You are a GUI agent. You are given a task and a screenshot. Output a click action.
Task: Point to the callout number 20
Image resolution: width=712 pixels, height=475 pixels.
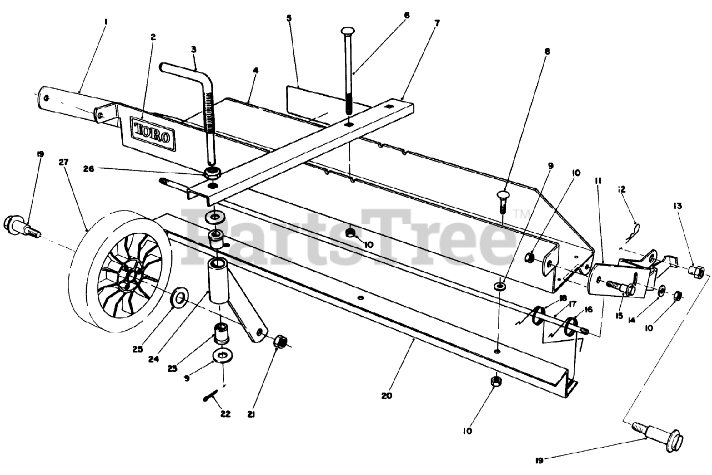tap(387, 396)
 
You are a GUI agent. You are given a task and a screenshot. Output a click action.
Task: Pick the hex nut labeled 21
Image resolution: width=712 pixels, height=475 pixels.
tap(280, 341)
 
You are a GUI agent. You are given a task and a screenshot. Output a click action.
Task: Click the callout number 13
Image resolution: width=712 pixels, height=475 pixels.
tap(677, 205)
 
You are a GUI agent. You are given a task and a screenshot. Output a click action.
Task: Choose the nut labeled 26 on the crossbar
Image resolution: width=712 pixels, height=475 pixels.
tap(212, 173)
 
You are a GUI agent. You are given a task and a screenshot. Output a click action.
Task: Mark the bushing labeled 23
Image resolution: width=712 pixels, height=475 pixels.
tap(221, 334)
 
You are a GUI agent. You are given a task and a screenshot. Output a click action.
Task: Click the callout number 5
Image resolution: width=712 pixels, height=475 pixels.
tap(289, 18)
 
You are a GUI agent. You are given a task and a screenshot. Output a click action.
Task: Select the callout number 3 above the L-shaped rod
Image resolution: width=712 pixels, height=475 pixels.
tap(193, 49)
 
